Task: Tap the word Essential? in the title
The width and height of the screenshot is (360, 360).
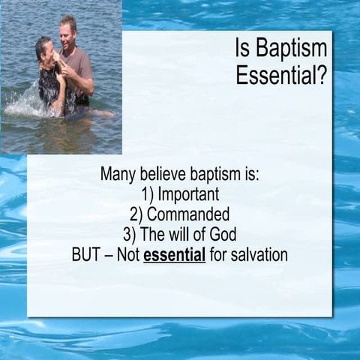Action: [281, 75]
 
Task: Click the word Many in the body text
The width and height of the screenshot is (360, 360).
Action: [119, 175]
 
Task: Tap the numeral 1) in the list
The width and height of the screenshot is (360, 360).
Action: [140, 195]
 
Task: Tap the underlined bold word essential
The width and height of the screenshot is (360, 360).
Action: [174, 254]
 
